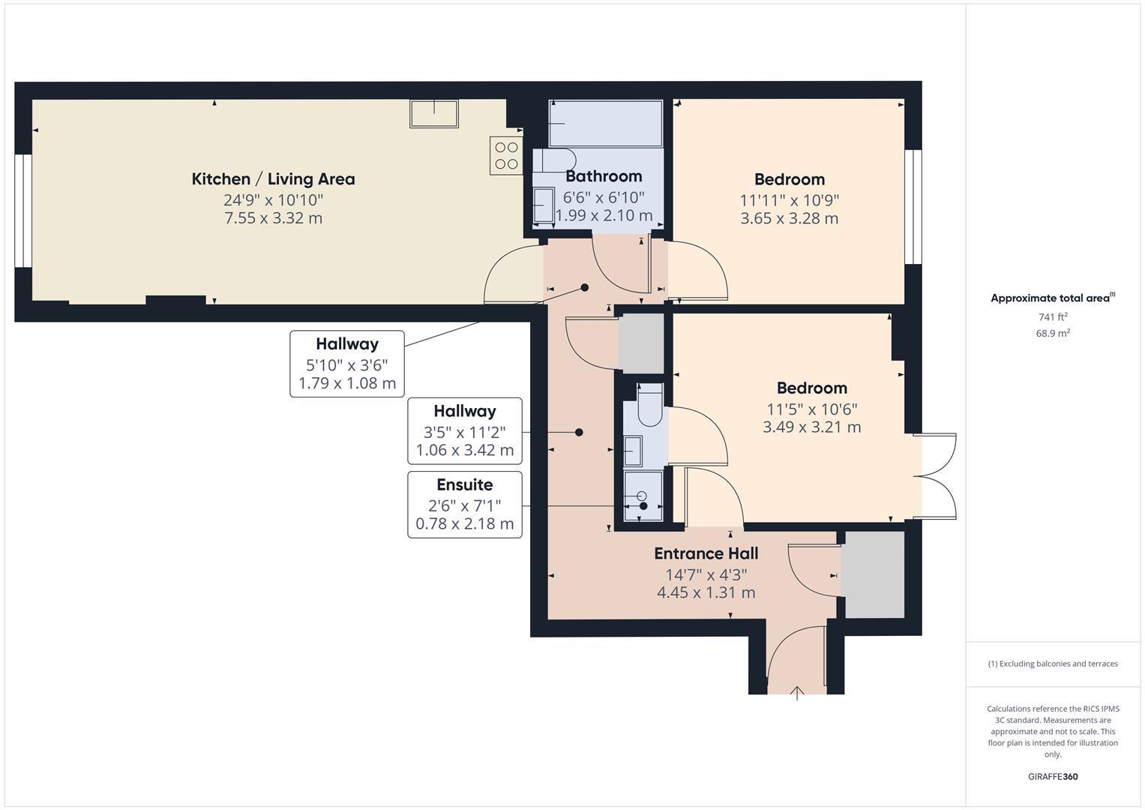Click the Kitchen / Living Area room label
(273, 178)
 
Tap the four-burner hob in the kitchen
(506, 156)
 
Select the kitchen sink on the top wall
(433, 113)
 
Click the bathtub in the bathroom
(606, 124)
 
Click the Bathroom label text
(604, 176)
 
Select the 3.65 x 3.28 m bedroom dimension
(789, 218)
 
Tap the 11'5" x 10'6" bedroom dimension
(811, 409)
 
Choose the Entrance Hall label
(706, 553)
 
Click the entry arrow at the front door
(796, 693)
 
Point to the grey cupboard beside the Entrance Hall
(872, 575)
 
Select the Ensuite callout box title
(464, 484)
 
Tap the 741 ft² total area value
(1052, 317)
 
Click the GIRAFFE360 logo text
(1052, 776)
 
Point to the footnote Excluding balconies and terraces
(1052, 664)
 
